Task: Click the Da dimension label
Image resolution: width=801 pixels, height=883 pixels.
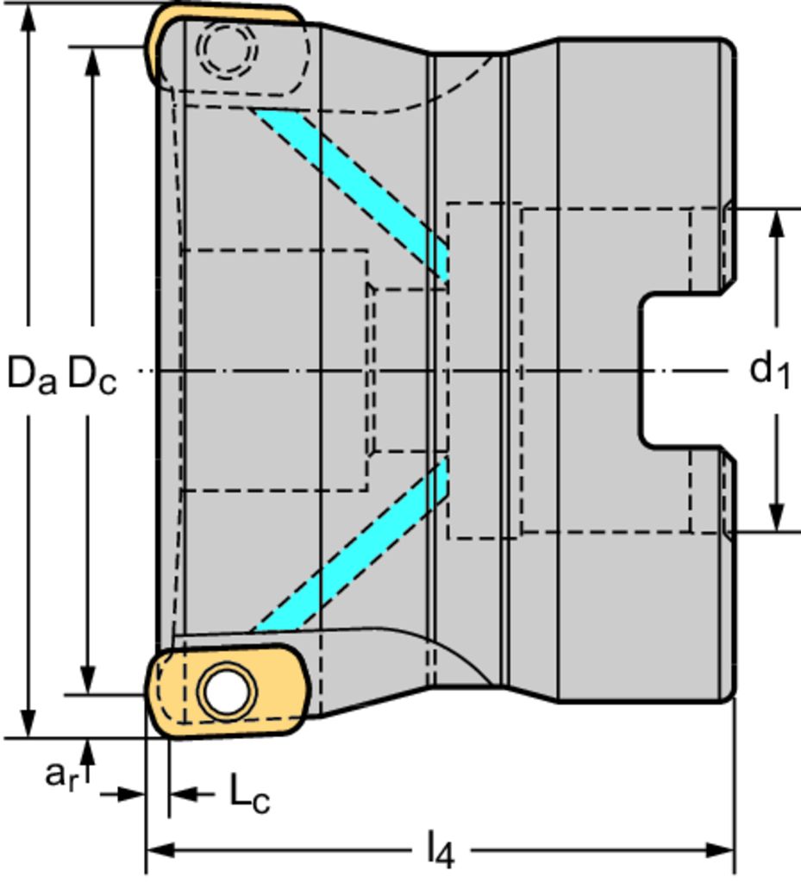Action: (32, 373)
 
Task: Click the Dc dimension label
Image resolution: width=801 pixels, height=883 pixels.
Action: (91, 373)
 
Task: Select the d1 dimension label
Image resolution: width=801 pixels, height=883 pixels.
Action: (769, 371)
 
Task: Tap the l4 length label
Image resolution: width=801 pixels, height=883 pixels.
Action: (439, 852)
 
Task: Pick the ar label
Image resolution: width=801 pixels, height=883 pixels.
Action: (63, 773)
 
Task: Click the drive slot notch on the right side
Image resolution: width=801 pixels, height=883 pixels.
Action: (681, 371)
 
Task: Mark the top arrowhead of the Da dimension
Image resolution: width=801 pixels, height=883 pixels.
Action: (30, 16)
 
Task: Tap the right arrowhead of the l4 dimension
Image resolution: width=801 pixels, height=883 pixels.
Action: (722, 850)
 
